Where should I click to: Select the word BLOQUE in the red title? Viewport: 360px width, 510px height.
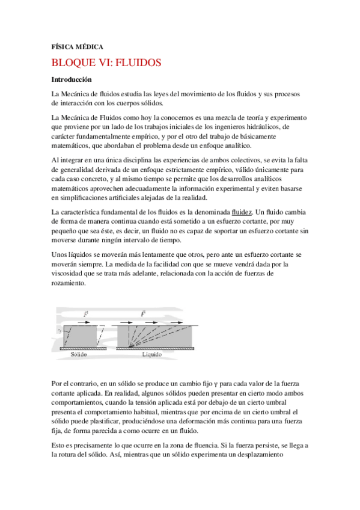(x=76, y=62)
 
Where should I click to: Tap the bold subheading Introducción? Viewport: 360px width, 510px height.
(x=72, y=79)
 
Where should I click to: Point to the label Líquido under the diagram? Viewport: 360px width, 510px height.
(x=153, y=354)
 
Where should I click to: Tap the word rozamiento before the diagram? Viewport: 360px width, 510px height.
(x=70, y=282)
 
